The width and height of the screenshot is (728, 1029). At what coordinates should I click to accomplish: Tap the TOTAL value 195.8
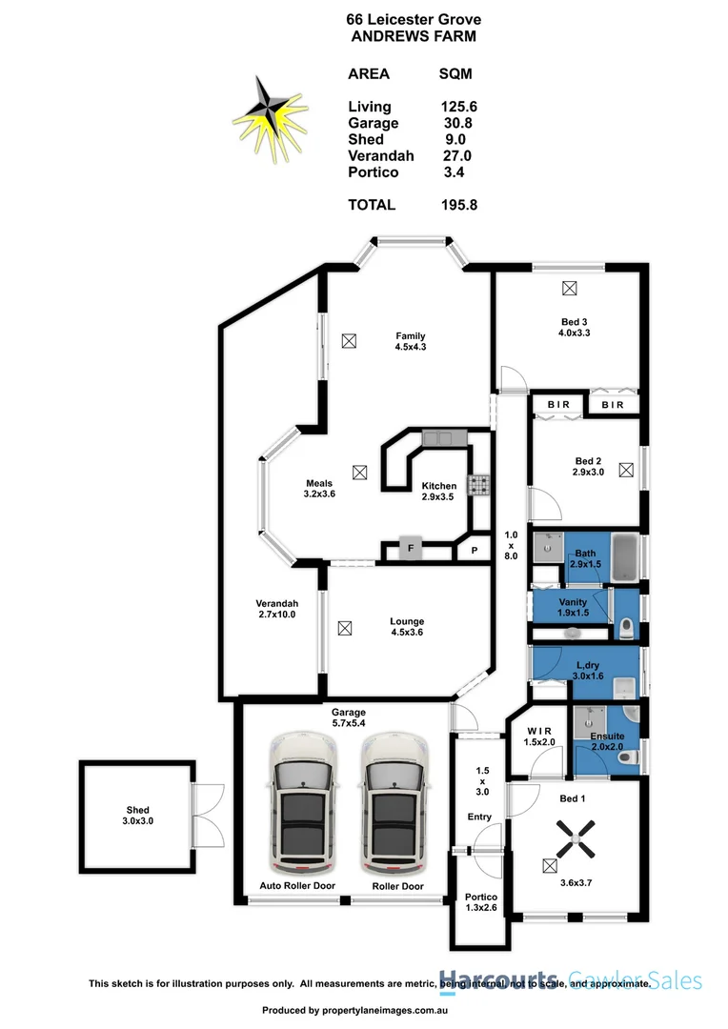[459, 205]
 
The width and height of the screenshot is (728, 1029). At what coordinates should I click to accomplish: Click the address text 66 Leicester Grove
[414, 19]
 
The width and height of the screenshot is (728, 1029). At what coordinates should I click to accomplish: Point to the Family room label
[411, 335]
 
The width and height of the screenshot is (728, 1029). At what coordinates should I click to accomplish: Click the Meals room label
[318, 483]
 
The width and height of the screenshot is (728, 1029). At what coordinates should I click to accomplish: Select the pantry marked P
[474, 551]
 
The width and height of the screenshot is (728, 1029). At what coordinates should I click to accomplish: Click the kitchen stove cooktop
[476, 486]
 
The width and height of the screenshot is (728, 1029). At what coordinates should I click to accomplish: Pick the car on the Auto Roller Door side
[304, 805]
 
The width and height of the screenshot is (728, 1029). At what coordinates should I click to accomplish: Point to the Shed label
[137, 811]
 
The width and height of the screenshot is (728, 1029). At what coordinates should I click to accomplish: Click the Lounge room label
[407, 621]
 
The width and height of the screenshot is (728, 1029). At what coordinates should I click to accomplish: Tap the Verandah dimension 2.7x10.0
[276, 615]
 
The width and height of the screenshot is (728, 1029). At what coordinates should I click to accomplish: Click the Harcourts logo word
[498, 980]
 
